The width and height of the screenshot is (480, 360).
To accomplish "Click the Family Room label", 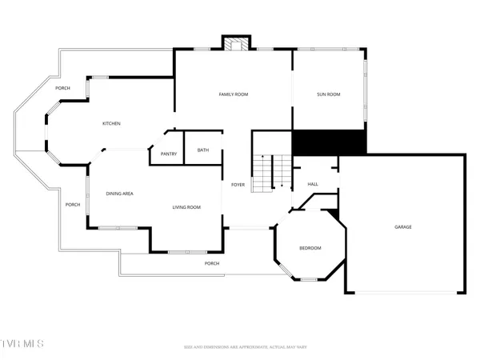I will point(234,94).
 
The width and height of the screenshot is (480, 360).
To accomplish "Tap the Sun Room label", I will point(329,94).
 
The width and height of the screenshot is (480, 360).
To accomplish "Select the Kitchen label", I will point(111,123).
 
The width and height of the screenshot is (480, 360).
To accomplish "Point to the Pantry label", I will point(169,154).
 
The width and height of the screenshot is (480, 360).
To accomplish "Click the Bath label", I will point(203,150).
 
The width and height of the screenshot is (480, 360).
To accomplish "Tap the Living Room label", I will point(186,207).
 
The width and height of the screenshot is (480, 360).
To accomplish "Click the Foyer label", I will point(238,185).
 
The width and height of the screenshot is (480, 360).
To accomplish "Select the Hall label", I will point(313,185).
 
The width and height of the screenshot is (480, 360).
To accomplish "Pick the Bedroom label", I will point(310,248).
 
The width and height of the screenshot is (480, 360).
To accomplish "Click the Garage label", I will point(403,226).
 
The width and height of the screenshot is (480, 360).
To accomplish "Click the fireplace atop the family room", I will point(234,45).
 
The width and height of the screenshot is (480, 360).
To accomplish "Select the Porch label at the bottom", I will point(212,263).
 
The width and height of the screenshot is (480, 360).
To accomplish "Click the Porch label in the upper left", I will point(63,88).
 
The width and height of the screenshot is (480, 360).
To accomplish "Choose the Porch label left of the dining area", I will point(73,205).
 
